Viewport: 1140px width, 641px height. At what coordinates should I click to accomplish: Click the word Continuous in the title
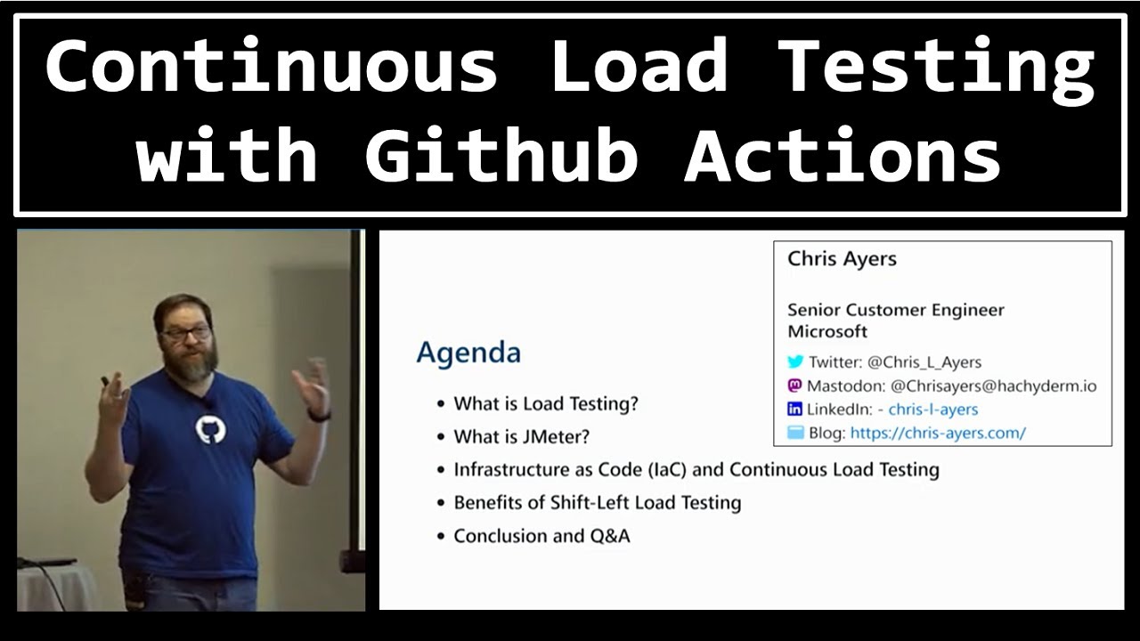(271, 68)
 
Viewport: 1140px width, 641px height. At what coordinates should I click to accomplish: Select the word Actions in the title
(843, 156)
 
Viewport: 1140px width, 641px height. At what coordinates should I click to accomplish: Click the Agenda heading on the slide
(468, 353)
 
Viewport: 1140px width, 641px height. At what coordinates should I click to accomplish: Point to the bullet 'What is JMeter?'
(521, 436)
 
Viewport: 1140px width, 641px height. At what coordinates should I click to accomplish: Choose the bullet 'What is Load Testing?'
(546, 403)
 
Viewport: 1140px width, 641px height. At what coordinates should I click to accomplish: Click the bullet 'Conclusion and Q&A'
(541, 536)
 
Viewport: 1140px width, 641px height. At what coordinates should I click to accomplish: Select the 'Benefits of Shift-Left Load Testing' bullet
(597, 502)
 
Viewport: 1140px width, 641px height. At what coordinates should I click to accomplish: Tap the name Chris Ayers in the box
(842, 259)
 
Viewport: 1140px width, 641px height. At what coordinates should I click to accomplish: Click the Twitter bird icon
(795, 362)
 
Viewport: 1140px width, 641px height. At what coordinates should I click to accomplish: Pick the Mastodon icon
(795, 385)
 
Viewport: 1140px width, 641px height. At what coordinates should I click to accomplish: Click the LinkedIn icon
(795, 410)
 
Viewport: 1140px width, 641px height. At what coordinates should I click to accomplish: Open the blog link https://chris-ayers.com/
(938, 433)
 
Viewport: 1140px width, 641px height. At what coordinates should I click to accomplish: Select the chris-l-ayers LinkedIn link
(933, 410)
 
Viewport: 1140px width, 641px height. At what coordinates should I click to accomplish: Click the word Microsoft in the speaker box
(827, 331)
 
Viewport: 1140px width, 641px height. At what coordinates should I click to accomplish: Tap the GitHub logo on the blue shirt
(210, 431)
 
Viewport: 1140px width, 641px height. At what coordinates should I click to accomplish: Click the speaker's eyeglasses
(187, 334)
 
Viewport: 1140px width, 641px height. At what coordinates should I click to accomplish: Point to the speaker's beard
(192, 363)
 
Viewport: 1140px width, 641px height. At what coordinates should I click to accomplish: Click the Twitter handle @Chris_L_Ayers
(924, 362)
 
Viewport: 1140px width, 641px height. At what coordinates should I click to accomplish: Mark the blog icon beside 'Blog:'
(795, 433)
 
